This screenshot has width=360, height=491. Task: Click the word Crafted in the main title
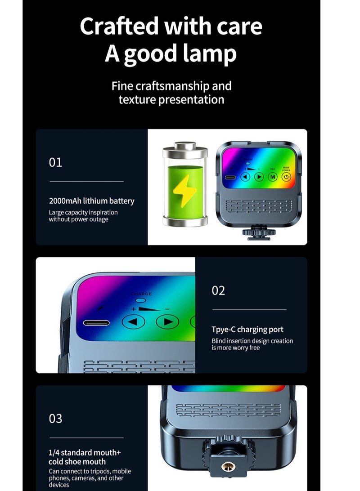pos(119,26)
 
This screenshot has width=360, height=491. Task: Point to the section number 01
pos(55,162)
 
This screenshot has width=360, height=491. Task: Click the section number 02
pos(218,290)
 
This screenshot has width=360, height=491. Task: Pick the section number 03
pos(55,419)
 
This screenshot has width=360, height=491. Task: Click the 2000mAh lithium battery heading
pos(91,201)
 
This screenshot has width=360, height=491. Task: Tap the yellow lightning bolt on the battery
pos(184,191)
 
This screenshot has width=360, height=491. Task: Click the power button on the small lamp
pos(286,177)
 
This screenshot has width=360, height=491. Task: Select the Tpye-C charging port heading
pos(247,330)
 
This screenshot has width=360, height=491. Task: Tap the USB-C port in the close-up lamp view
pos(96,322)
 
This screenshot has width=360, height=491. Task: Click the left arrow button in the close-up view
pos(134,321)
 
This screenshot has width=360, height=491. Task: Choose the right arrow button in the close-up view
pos(167,321)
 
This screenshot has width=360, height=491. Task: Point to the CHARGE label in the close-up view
pos(141,294)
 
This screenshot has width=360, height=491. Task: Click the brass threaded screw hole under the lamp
pos(227,467)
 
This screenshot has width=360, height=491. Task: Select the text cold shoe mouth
pos(77,462)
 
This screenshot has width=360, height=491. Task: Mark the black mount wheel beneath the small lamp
pos(259,232)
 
